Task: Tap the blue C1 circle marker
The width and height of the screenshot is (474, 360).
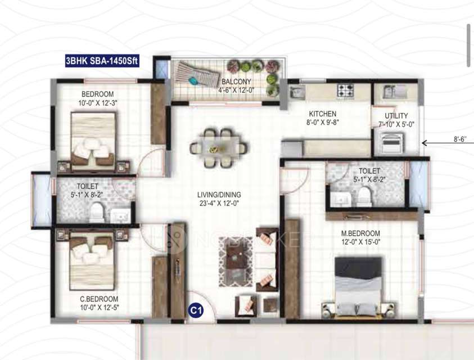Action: [x=195, y=309]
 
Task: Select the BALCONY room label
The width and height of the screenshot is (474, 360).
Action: [x=232, y=81]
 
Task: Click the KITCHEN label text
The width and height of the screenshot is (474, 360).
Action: [x=321, y=114]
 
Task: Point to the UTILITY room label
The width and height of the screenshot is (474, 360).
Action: [x=396, y=116]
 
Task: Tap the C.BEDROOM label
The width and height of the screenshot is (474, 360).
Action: [x=98, y=299]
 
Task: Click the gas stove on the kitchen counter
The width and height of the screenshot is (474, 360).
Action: [x=345, y=89]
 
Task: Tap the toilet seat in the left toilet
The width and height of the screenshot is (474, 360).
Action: [x=97, y=212]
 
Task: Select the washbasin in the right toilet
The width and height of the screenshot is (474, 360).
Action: [x=339, y=199]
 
